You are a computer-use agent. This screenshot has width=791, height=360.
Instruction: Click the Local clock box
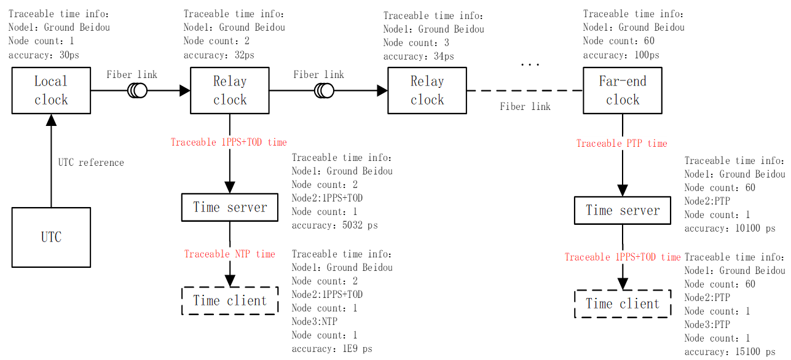pyautogui.click(x=51, y=91)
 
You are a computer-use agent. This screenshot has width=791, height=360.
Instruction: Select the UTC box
pyautogui.click(x=51, y=237)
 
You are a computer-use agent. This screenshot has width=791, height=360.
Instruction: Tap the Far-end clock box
pyautogui.click(x=622, y=91)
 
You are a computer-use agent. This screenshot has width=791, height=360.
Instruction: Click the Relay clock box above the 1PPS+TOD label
pyautogui.click(x=230, y=91)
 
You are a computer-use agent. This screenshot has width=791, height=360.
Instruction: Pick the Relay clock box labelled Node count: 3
pyautogui.click(x=427, y=91)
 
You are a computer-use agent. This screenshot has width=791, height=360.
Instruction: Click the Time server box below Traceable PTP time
pyautogui.click(x=623, y=211)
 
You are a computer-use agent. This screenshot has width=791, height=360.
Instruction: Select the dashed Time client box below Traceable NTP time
pyautogui.click(x=230, y=300)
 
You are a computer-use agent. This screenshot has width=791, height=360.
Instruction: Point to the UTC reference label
pyautogui.click(x=91, y=163)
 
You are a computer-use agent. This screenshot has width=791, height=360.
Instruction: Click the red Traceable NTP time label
pyautogui.click(x=230, y=254)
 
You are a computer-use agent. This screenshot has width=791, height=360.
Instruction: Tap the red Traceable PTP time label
pyautogui.click(x=621, y=143)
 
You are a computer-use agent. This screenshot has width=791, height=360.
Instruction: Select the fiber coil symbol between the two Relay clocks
pyautogui.click(x=324, y=91)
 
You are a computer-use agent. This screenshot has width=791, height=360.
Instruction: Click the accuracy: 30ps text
pyautogui.click(x=44, y=55)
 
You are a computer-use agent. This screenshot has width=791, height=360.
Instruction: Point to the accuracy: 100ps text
pyautogui.click(x=621, y=55)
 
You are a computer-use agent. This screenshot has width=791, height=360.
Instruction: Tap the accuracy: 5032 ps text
pyautogui.click(x=334, y=225)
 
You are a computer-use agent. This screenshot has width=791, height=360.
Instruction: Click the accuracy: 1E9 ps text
pyautogui.click(x=332, y=349)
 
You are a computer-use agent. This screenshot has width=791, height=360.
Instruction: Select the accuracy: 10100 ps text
pyautogui.click(x=730, y=229)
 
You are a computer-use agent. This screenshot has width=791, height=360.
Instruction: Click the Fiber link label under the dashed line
pyautogui.click(x=525, y=106)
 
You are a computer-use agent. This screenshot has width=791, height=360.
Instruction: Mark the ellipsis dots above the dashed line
pyautogui.click(x=530, y=64)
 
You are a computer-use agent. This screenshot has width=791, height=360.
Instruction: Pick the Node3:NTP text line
pyautogui.click(x=315, y=321)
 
